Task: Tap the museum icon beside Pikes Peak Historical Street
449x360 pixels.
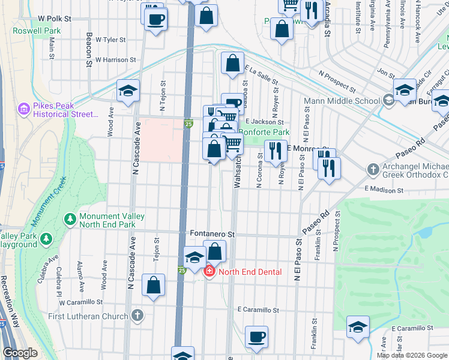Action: pos(24,109)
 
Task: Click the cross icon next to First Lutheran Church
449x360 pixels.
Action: pos(137,316)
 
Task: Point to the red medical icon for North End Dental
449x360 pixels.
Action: pos(209,272)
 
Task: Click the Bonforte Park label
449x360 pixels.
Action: pos(264,132)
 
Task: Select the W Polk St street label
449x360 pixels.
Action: pos(54,19)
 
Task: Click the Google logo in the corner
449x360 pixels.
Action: pos(20,353)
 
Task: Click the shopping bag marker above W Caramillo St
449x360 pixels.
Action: pos(153,284)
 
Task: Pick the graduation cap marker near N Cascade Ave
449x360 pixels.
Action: pos(128,90)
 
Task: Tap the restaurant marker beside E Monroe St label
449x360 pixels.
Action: pos(275,150)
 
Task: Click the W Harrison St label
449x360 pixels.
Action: pos(116,60)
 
